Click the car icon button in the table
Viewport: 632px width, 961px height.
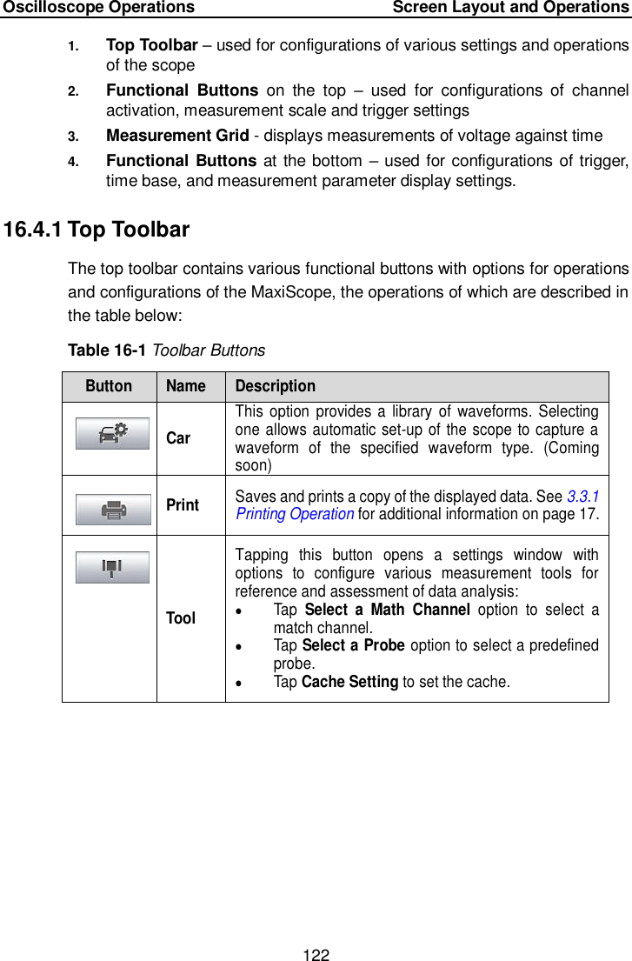(112, 434)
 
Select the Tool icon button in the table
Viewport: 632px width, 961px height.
(112, 567)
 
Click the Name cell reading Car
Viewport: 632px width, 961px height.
(178, 437)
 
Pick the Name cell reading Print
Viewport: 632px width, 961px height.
(183, 504)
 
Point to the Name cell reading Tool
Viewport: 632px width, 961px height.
(181, 617)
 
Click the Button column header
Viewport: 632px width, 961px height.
(109, 386)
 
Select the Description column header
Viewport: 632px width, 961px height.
(276, 386)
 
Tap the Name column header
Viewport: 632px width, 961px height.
(186, 386)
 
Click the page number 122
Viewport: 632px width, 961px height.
(316, 955)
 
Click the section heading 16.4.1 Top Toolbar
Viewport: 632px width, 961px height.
(96, 230)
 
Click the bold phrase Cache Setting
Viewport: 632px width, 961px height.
(349, 681)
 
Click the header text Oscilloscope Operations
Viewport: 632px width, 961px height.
(98, 8)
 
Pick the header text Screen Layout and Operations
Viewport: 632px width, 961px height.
(510, 8)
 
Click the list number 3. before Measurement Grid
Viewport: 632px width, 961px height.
(74, 136)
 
